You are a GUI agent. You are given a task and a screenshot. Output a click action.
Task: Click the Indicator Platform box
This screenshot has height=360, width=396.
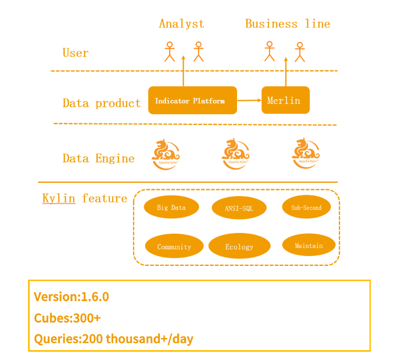pyautogui.click(x=193, y=100)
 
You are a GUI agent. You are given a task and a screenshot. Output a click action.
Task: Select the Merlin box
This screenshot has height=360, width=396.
pyautogui.click(x=285, y=100)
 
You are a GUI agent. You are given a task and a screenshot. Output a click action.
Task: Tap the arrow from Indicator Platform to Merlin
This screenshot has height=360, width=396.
pyautogui.click(x=249, y=100)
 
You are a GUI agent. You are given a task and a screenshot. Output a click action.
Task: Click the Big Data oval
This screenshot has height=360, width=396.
pyautogui.click(x=171, y=208)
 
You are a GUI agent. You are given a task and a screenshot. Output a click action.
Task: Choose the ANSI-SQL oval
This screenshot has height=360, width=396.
pyautogui.click(x=239, y=208)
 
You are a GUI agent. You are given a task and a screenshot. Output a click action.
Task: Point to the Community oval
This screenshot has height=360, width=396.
pyautogui.click(x=174, y=247)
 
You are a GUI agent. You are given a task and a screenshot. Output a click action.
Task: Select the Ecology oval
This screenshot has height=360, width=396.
pyautogui.click(x=239, y=247)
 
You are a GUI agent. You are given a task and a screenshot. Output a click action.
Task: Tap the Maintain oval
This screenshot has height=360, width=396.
pyautogui.click(x=309, y=246)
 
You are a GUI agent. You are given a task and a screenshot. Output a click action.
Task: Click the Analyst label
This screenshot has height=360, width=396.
pyautogui.click(x=182, y=24)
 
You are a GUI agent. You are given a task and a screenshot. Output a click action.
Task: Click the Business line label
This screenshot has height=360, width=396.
pyautogui.click(x=288, y=24)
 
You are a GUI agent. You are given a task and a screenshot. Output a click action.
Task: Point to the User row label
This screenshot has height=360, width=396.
pyautogui.click(x=75, y=53)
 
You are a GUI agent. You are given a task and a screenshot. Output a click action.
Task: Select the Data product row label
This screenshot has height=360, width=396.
pyautogui.click(x=102, y=103)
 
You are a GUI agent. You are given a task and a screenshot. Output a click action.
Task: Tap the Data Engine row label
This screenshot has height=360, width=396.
pyautogui.click(x=98, y=159)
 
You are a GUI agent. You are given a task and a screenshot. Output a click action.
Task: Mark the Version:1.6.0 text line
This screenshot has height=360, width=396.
pyautogui.click(x=71, y=297)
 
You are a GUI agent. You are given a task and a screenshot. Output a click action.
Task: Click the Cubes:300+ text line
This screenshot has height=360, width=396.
pyautogui.click(x=67, y=318)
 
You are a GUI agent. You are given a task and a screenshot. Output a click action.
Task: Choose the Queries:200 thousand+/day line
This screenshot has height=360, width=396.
pyautogui.click(x=114, y=339)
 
